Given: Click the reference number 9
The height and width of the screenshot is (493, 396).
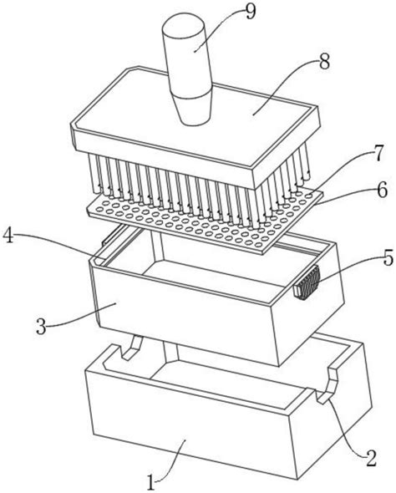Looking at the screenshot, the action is point(251,12).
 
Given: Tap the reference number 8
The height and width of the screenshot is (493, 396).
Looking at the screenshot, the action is point(324,61).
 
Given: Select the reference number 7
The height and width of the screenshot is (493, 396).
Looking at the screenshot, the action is point(378,154).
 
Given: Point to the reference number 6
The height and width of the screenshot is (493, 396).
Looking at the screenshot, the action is point(382,190).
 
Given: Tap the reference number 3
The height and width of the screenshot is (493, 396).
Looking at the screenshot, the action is point(41,327).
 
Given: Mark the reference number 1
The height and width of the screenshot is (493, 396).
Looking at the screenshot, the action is point(151,482).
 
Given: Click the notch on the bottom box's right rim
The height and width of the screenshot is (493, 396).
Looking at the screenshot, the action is point(327,384).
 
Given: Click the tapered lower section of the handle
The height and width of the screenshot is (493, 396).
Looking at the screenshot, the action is point(195,109).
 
